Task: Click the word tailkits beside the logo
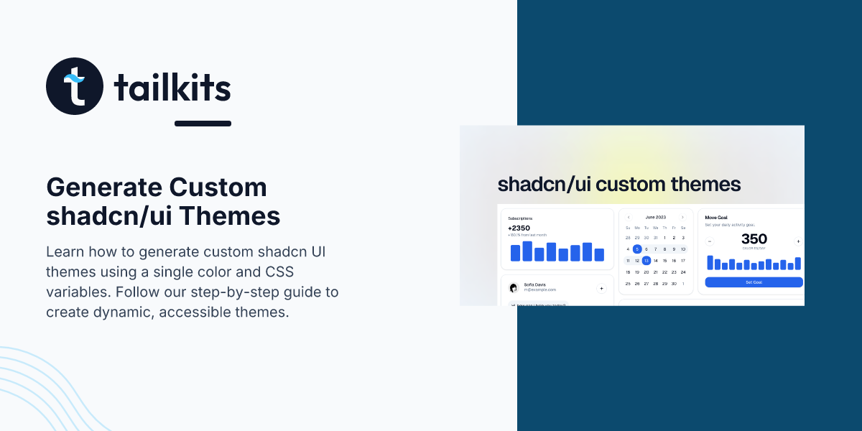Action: [172, 88]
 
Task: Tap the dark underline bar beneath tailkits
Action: [203, 124]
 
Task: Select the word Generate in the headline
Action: [103, 188]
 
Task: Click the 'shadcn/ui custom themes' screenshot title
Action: [618, 185]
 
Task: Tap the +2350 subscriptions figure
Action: [519, 228]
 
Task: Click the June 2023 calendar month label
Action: [656, 217]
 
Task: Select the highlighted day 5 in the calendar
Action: [637, 249]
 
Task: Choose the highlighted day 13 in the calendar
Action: [646, 261]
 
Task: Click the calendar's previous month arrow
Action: [629, 217]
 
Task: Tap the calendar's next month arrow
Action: [682, 217]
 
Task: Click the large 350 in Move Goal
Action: [754, 239]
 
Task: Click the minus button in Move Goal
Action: [710, 241]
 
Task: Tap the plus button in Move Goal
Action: [797, 241]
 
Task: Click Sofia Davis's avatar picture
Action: [514, 288]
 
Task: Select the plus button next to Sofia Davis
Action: [601, 288]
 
